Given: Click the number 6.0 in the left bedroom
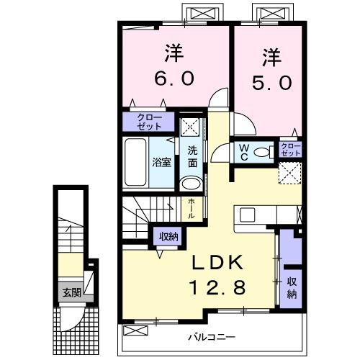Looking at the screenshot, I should click(x=173, y=78).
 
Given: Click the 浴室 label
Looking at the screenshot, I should click(x=161, y=163).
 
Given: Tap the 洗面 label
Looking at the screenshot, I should click(x=192, y=156).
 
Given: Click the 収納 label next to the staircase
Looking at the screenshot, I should click(x=168, y=235).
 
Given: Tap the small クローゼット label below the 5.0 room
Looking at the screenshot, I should click(x=290, y=150).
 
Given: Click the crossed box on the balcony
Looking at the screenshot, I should click(x=136, y=330).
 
